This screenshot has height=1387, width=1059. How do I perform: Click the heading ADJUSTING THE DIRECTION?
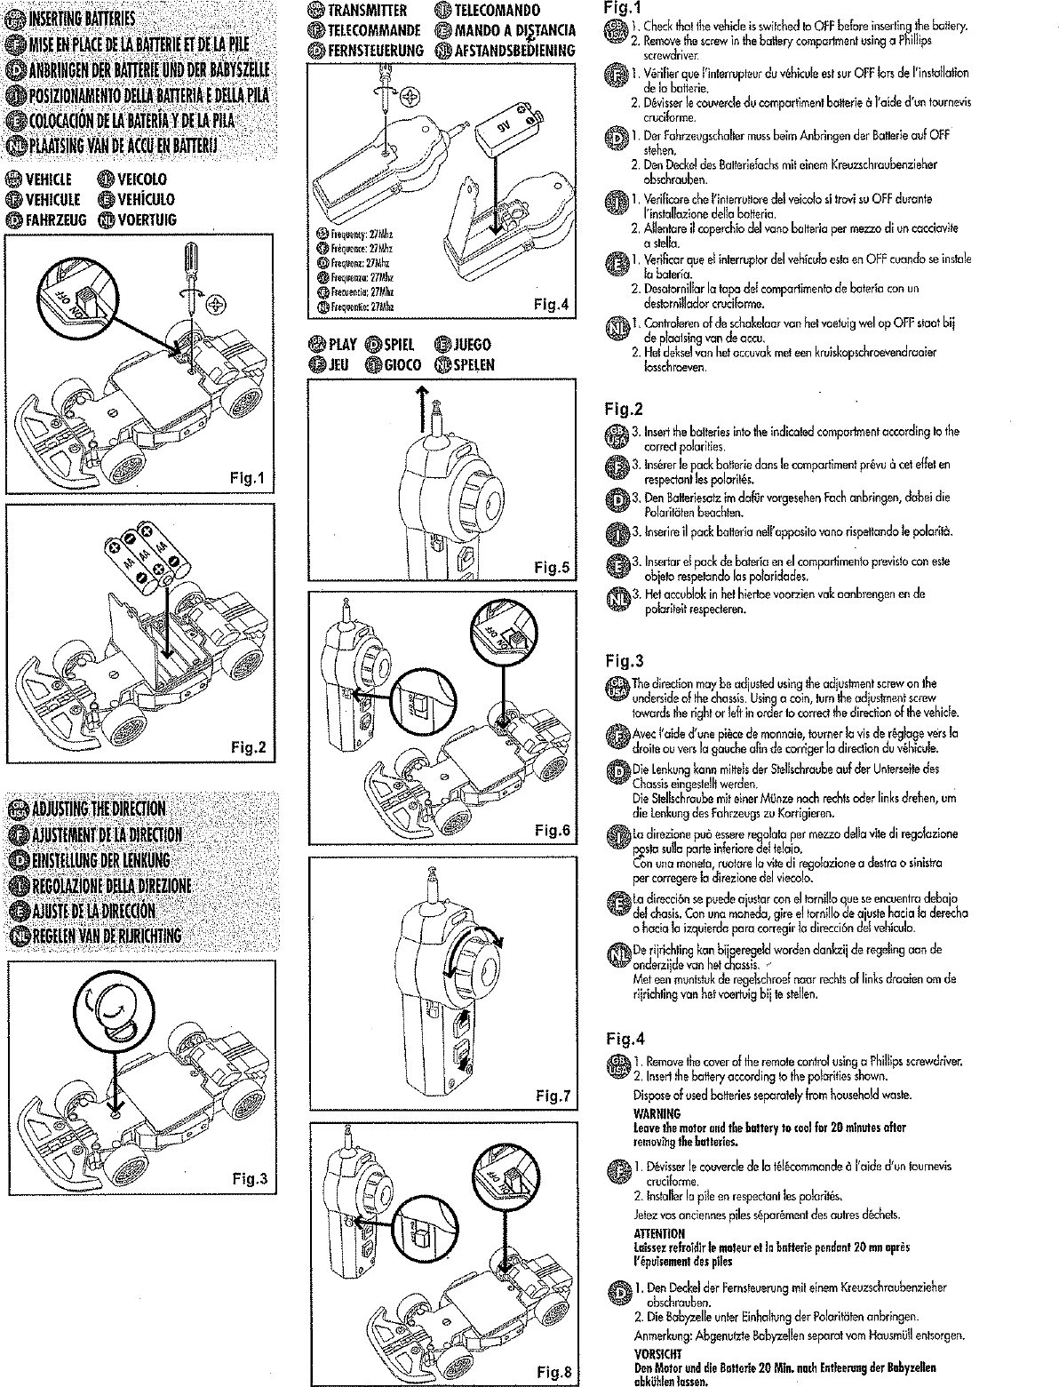(x=99, y=809)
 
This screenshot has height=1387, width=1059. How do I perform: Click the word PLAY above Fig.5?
(x=342, y=344)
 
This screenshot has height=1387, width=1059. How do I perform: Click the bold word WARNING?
(x=657, y=1113)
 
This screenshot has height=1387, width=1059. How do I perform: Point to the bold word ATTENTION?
(x=658, y=1233)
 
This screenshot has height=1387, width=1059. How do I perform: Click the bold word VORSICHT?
(x=657, y=1354)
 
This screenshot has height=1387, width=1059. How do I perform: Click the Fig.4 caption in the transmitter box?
(x=551, y=305)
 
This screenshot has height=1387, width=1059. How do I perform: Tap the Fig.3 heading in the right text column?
(x=624, y=660)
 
